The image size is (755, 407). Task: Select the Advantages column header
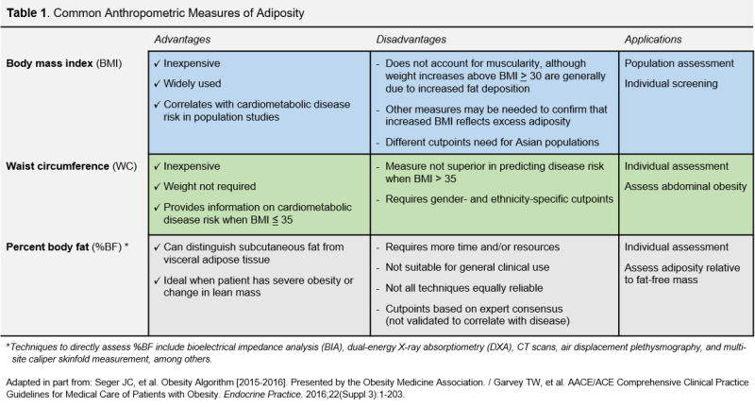(183, 41)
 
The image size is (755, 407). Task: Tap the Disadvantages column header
(414, 41)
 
